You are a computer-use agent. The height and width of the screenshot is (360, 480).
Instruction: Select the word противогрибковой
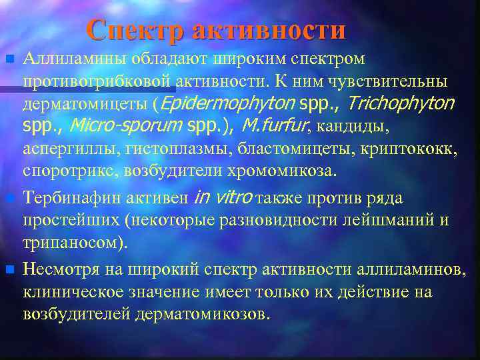99,81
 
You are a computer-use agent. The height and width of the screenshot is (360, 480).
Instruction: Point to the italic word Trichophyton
401,104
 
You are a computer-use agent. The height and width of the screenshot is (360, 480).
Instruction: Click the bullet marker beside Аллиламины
9,60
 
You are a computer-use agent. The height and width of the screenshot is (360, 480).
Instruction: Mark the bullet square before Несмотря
9,269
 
